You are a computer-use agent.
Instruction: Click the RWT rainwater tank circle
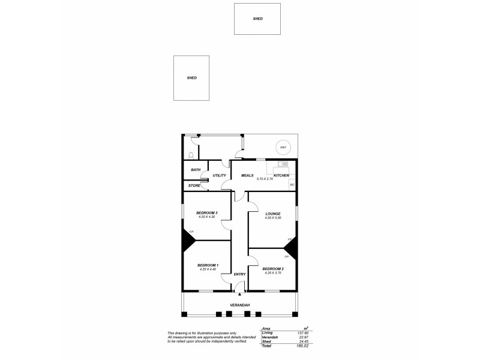point(282,147)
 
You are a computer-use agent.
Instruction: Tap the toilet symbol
point(190,154)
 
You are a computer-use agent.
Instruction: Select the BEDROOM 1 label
point(208,265)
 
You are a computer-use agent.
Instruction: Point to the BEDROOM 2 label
point(273,268)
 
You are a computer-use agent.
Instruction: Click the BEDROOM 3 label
point(207,213)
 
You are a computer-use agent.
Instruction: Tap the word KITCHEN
point(281,175)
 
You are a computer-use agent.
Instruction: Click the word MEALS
point(247,175)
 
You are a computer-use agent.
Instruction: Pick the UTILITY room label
point(219,175)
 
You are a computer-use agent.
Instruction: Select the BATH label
point(196,170)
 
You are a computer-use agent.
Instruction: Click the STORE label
point(194,185)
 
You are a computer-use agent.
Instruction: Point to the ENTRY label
point(239,274)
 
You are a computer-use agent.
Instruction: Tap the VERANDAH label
point(239,305)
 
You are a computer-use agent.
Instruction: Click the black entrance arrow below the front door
point(239,294)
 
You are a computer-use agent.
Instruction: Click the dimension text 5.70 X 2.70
point(265,179)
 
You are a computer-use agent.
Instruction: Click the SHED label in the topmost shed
point(257,19)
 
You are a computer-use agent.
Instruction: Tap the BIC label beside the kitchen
point(292,185)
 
